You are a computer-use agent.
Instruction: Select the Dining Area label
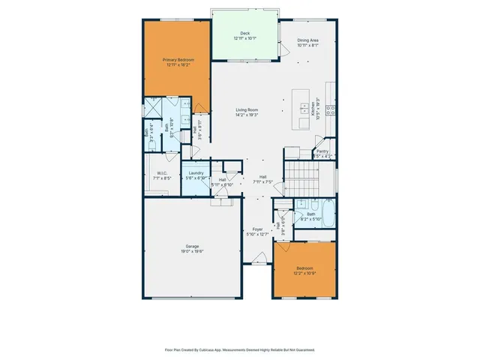point(308,40)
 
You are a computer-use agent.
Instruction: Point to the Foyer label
point(257,229)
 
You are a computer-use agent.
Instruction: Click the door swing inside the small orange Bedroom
point(281,250)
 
